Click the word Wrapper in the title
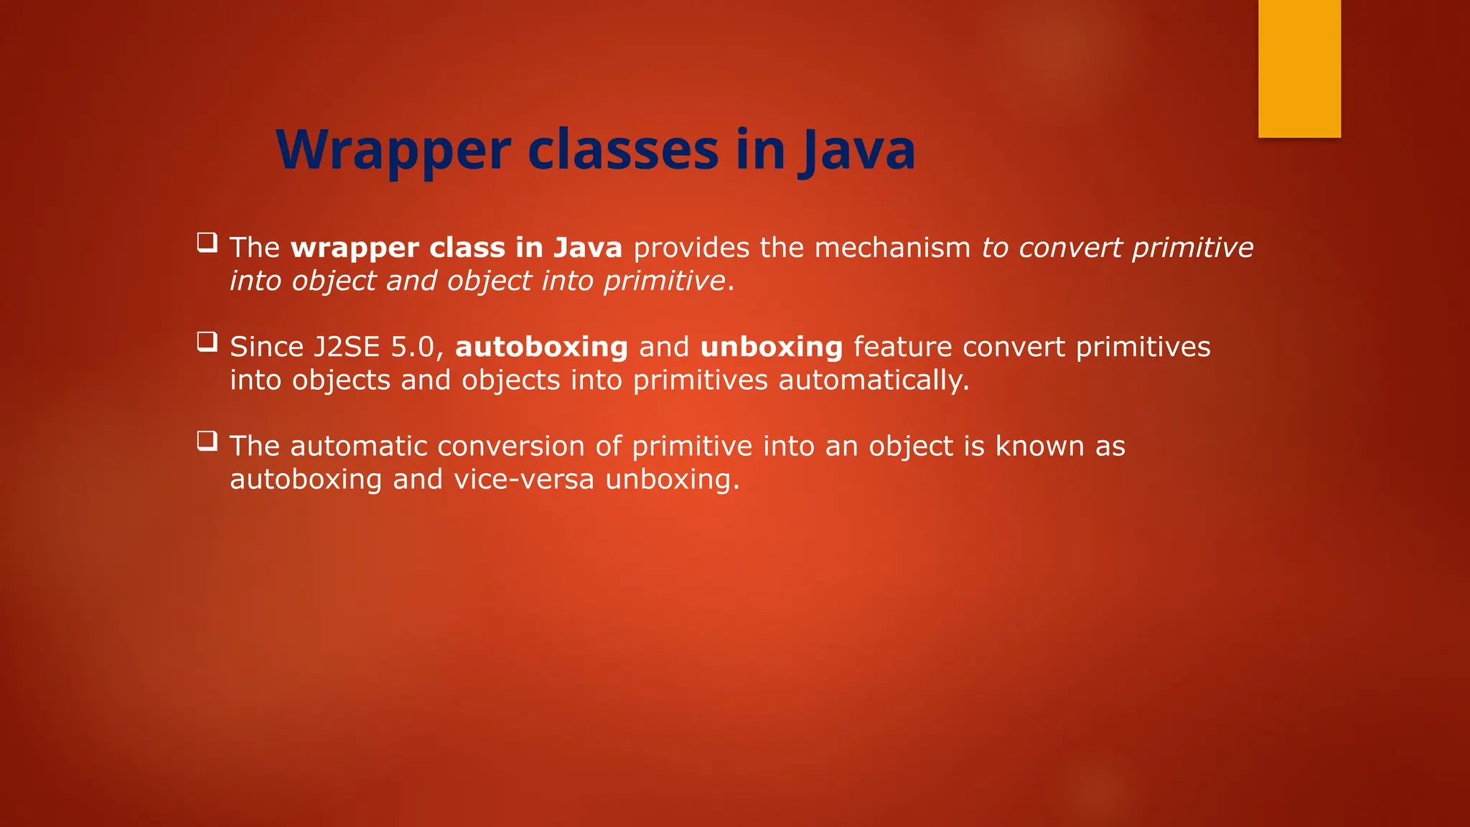[393, 150]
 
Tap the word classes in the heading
[623, 150]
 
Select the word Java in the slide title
[858, 150]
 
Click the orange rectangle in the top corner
[1299, 68]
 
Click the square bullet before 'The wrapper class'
[207, 242]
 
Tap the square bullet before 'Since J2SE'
[207, 341]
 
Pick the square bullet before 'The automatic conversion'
[207, 440]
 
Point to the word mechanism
[892, 248]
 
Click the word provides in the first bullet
[691, 248]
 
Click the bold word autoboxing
[541, 347]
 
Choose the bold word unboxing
[772, 347]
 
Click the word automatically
[874, 380]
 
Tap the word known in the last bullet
[1039, 446]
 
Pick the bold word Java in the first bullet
[588, 248]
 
